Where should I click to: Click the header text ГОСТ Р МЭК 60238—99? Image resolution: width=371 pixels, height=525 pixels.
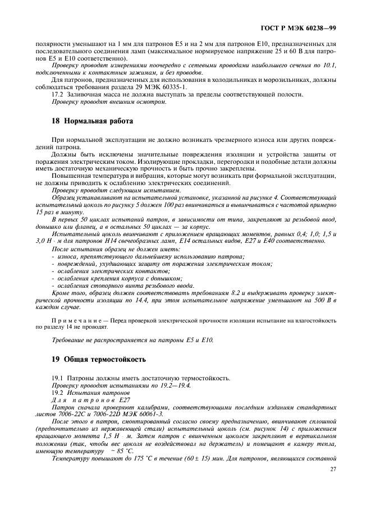pyautogui.click(x=306, y=27)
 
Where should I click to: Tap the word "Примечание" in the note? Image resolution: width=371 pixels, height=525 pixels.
pyautogui.click(x=76, y=320)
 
